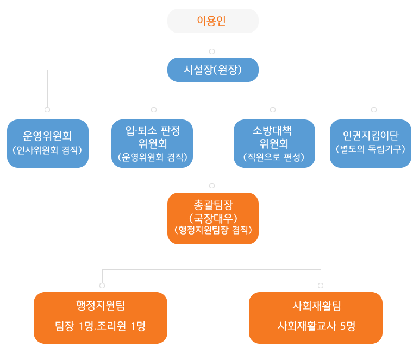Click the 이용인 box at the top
pos(212,21)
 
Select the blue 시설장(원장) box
pos(212,70)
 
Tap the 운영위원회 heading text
pos(48,135)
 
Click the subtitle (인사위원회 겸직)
pos(48,149)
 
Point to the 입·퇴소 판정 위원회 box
pos(152,143)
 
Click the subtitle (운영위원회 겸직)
pos(152,157)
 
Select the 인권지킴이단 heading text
pos(371,135)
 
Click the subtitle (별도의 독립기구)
pos(371,148)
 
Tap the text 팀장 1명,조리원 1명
pos(101,326)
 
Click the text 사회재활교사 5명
pos(316,326)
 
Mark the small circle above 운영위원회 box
pos(47,110)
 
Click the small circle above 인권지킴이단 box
pos(374,110)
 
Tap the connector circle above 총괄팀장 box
pos(212,186)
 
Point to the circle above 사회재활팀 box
pos(321,285)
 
